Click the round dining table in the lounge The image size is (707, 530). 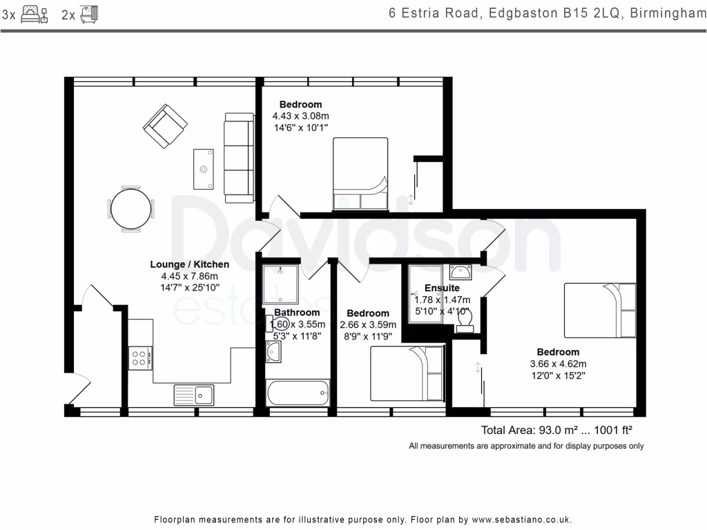tap(130, 209)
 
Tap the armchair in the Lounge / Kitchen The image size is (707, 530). tap(165, 126)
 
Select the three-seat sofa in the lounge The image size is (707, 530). tap(239, 158)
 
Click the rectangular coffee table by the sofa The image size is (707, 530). tap(204, 169)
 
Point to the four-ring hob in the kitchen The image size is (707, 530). tap(140, 358)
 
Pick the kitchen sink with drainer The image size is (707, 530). tap(194, 395)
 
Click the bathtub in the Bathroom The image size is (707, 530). tap(298, 393)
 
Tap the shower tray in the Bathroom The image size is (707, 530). tap(280, 284)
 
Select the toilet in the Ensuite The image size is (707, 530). tap(465, 322)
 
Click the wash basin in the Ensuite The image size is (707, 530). tap(461, 272)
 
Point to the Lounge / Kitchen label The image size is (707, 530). tap(189, 264)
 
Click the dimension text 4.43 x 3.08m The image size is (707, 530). tap(301, 116)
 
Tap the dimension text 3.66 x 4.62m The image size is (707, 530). tap(558, 364)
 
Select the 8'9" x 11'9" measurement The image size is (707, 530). tap(368, 336)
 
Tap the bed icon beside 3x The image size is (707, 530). tap(35, 14)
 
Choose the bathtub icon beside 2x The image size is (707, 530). tap(89, 14)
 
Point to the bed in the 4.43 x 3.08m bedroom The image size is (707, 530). tap(360, 174)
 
